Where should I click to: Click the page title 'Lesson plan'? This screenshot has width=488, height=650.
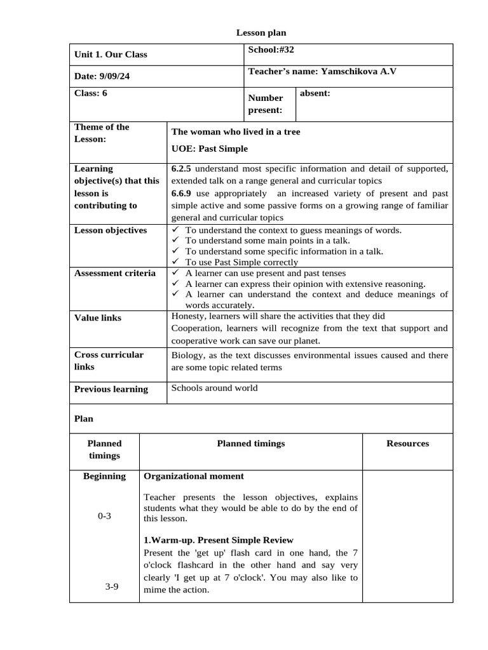257,32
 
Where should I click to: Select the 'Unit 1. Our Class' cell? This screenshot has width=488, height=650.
111,55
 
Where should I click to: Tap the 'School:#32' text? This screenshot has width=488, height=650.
271,50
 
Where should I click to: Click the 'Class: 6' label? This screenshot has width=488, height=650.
91,93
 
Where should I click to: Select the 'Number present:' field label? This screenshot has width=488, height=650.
266,104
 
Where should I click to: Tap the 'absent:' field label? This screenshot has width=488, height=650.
315,93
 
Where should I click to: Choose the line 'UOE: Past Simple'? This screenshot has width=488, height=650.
210,149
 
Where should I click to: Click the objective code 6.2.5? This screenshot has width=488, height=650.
182,169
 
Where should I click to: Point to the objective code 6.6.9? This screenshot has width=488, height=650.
182,193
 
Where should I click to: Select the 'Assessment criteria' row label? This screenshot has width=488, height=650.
115,273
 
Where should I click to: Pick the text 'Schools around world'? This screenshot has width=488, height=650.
215,388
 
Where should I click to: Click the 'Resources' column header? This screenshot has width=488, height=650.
407,444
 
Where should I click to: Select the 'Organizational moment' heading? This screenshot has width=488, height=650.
194,476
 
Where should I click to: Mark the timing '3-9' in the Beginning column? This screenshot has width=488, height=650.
112,587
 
